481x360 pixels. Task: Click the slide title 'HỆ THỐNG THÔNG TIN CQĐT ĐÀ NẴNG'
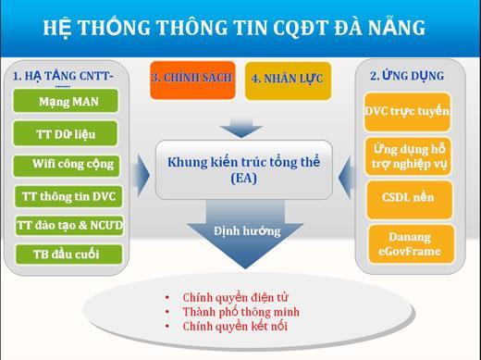point(234,27)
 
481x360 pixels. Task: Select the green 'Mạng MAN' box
point(68,100)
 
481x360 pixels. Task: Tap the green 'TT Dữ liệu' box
point(68,132)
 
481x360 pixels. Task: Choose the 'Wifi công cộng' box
point(68,165)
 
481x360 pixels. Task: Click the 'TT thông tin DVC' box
point(68,195)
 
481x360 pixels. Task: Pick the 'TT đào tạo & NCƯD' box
point(68,225)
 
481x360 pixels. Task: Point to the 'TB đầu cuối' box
point(68,254)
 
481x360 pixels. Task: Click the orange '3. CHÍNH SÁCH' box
point(193,79)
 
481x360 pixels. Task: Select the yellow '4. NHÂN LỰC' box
point(287,80)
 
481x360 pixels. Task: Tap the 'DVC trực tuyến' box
point(407,111)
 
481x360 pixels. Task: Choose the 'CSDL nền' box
point(407,197)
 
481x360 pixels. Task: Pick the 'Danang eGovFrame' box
point(407,242)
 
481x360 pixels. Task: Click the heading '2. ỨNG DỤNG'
point(407,75)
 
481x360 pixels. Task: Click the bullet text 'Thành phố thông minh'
point(240,312)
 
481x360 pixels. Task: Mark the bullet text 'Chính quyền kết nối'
point(233,327)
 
